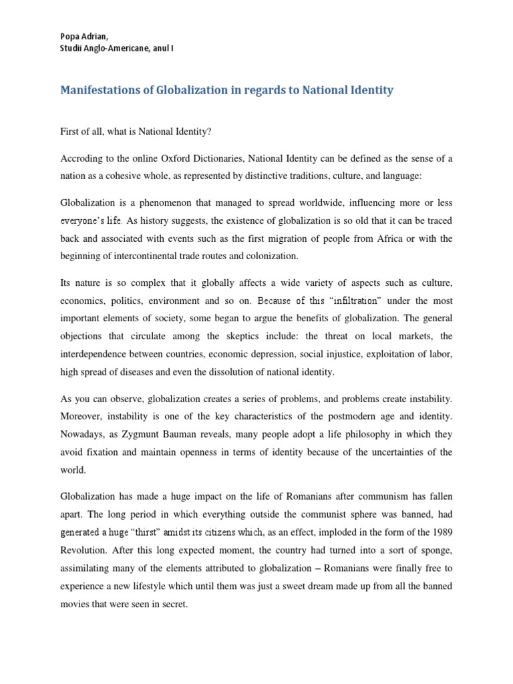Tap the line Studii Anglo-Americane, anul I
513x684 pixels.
pos(118,49)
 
